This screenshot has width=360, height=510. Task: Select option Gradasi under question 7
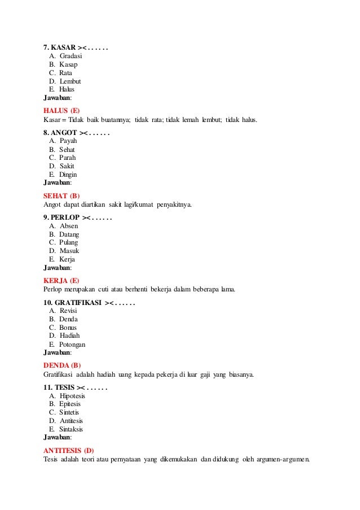[71, 56]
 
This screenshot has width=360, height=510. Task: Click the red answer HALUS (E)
[62, 110]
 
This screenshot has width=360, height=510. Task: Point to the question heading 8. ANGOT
[61, 133]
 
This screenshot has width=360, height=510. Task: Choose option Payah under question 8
[68, 141]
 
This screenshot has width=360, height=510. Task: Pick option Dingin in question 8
[68, 175]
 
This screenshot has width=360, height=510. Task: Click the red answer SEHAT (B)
[62, 195]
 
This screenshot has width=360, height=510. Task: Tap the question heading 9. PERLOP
[62, 217]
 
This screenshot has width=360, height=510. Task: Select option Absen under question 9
[69, 226]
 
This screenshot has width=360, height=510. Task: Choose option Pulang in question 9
[69, 242]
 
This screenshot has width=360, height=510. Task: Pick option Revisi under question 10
[68, 311]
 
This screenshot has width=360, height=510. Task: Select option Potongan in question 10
[72, 344]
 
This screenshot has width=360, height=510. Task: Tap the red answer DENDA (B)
[62, 365]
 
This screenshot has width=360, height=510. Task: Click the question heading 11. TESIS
[59, 387]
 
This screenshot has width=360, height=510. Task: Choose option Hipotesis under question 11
[72, 396]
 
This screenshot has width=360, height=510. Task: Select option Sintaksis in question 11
[72, 429]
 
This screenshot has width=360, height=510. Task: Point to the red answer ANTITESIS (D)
[68, 450]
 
